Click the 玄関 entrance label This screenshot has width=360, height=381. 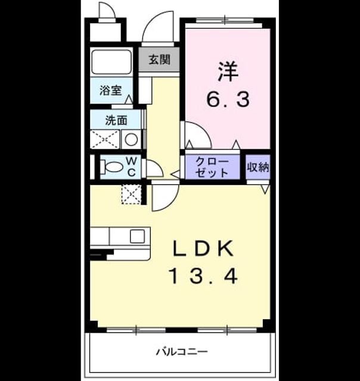coord(159,60)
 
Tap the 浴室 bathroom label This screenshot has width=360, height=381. coord(111,90)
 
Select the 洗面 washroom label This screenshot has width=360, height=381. coord(116,120)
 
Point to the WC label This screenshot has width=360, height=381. coord(132,167)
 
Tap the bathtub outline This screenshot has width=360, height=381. coord(111,62)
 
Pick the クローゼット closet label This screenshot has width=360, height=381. coord(212,167)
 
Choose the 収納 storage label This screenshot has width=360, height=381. coord(258,167)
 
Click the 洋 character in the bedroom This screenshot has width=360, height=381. coord(228,71)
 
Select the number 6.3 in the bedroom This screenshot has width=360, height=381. coord(228,99)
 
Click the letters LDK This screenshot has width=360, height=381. coord(203,248)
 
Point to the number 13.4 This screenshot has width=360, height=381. coord(203,276)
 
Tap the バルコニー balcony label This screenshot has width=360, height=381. coord(182,352)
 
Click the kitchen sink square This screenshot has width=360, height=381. coord(137,236)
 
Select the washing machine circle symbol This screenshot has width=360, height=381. coord(131,139)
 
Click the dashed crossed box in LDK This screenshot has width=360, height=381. coord(131,194)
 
